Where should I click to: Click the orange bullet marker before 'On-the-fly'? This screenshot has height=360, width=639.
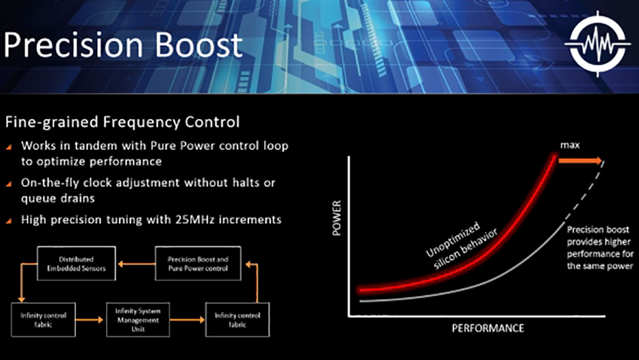pyautogui.click(x=8, y=183)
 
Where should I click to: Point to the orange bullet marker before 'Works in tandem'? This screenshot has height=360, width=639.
pyautogui.click(x=8, y=146)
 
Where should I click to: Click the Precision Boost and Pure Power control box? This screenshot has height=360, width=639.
pyautogui.click(x=197, y=264)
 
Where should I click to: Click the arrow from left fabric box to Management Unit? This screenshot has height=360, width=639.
pyautogui.click(x=90, y=317)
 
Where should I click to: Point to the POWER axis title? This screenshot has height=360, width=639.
pyautogui.click(x=338, y=219)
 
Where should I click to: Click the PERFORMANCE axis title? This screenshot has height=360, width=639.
pyautogui.click(x=488, y=328)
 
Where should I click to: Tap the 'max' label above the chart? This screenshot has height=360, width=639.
pyautogui.click(x=570, y=146)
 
